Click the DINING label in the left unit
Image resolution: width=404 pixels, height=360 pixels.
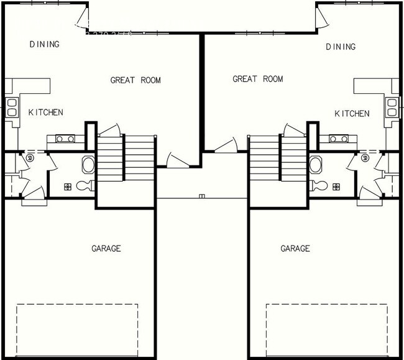pyautogui.click(x=44, y=44)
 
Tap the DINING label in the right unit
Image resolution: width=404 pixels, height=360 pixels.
pyautogui.click(x=341, y=47)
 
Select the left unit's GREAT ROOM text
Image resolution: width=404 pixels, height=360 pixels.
pyautogui.click(x=135, y=80)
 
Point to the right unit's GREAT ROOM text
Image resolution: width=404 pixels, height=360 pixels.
pyautogui.click(x=257, y=79)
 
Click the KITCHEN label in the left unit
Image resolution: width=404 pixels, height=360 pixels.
pyautogui.click(x=45, y=113)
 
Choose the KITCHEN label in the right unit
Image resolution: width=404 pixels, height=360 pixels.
pyautogui.click(x=352, y=114)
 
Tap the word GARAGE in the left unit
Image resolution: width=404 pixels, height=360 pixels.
pyautogui.click(x=106, y=249)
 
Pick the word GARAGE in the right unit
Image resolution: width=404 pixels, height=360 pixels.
pyautogui.click(x=295, y=249)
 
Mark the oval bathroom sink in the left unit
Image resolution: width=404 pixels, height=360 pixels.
pyautogui.click(x=88, y=165)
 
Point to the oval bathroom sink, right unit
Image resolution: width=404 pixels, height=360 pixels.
pyautogui.click(x=316, y=165)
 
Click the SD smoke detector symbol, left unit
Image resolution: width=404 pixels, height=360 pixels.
pyautogui.click(x=29, y=159)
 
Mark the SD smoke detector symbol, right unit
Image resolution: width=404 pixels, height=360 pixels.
pyautogui.click(x=365, y=159)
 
